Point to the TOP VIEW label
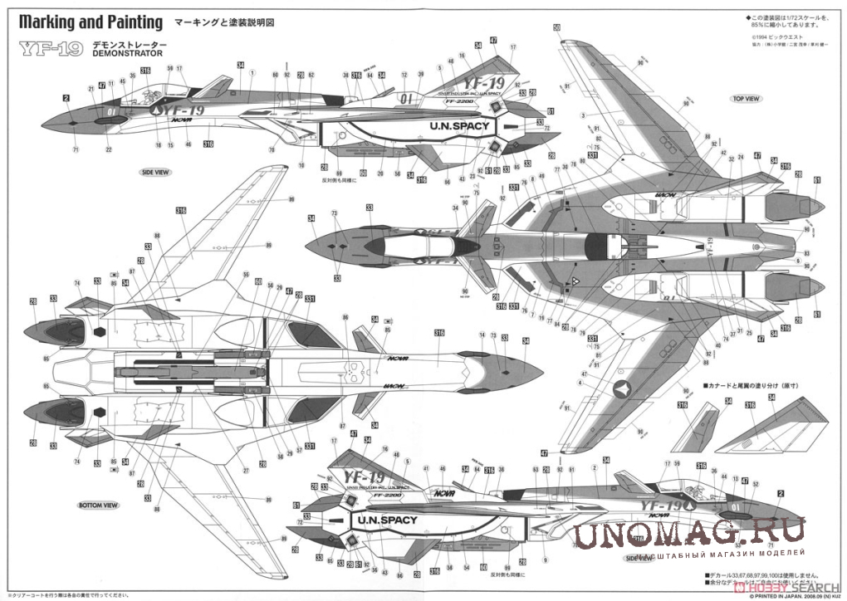pyautogui.click(x=746, y=98)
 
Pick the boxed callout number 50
pyautogui.click(x=556, y=27)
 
